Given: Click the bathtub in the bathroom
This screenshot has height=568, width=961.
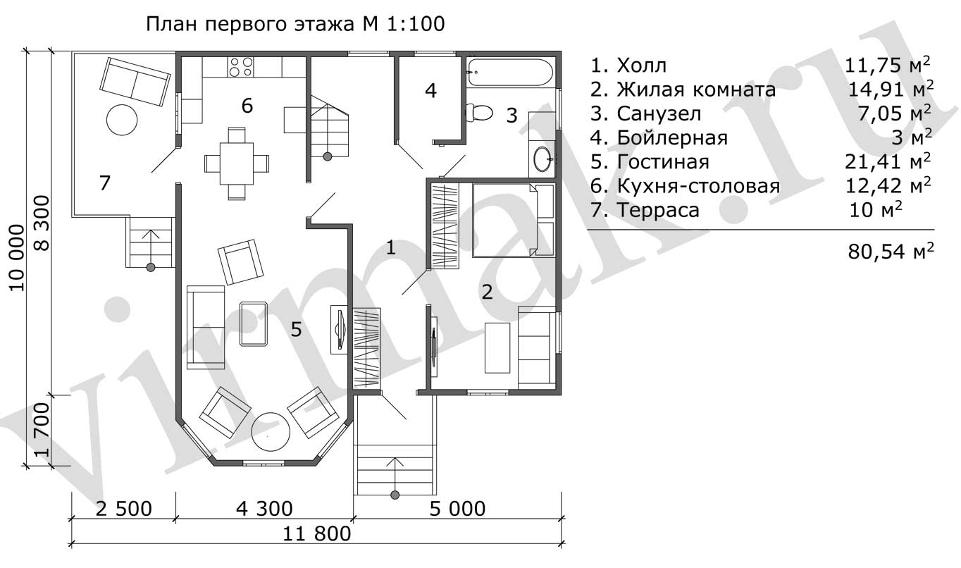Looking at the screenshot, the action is pyautogui.click(x=510, y=72).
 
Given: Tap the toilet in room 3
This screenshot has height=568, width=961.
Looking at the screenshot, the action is pyautogui.click(x=479, y=113).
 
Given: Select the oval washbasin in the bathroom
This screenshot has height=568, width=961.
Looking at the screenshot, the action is pyautogui.click(x=542, y=159).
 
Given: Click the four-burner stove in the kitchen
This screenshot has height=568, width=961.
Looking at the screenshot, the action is pyautogui.click(x=241, y=67).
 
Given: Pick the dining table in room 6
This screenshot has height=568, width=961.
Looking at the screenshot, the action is pyautogui.click(x=237, y=163).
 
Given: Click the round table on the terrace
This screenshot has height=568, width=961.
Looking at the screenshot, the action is pyautogui.click(x=122, y=120).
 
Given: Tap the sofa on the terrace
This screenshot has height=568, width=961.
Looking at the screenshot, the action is pyautogui.click(x=135, y=82).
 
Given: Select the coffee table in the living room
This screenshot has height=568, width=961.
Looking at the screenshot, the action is pyautogui.click(x=254, y=324).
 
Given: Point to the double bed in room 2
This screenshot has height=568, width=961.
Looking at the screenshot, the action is pyautogui.click(x=513, y=220).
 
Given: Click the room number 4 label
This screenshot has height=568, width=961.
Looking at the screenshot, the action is pyautogui.click(x=430, y=90).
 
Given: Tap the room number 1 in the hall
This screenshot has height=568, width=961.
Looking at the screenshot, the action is pyautogui.click(x=390, y=248).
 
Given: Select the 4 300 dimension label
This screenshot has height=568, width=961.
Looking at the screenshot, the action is pyautogui.click(x=264, y=509).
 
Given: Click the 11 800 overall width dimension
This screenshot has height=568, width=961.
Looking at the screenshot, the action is pyautogui.click(x=316, y=534).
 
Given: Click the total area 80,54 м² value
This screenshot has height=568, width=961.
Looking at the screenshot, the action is pyautogui.click(x=891, y=252).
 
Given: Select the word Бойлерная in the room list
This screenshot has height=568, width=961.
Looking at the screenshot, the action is pyautogui.click(x=672, y=138).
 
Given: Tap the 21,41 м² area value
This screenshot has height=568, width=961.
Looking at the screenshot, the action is pyautogui.click(x=888, y=162).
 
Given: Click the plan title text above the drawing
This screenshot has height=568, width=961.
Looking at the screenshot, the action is pyautogui.click(x=295, y=24).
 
